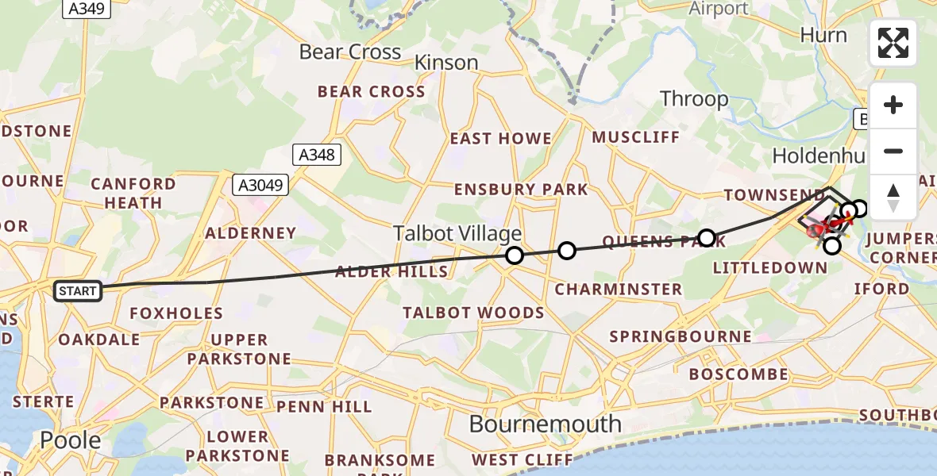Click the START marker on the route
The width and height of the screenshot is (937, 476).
(x=77, y=291)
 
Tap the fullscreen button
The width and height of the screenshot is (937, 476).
(x=893, y=43)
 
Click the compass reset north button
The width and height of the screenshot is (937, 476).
(x=893, y=198)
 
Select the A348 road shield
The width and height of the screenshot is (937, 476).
(x=317, y=155)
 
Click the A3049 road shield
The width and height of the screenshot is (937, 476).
(x=260, y=186)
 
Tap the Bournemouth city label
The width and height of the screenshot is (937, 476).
(x=545, y=424)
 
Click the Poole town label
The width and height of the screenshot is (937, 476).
(x=71, y=440)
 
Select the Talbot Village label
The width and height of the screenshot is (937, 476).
(x=457, y=233)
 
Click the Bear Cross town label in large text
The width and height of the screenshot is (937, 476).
(x=350, y=52)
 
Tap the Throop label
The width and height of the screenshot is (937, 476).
(x=694, y=99)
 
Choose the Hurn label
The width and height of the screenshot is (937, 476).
(x=823, y=36)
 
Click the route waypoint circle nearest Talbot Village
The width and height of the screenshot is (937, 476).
(x=515, y=255)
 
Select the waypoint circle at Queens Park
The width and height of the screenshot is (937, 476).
(x=707, y=237)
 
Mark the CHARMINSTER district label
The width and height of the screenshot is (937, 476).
(x=618, y=290)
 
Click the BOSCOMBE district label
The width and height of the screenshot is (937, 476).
(x=738, y=374)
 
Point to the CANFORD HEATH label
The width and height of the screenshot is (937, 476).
(x=133, y=194)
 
